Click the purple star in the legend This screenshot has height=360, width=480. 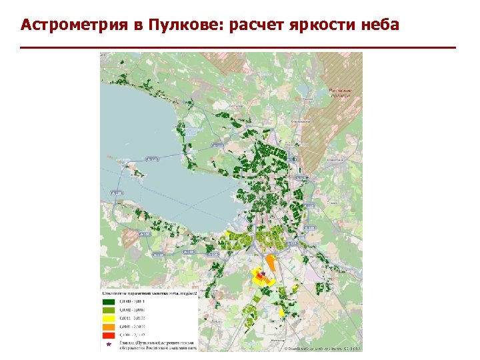point(109,344)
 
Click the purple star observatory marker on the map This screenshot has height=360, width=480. point(263,273)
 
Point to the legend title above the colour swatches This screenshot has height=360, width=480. point(148,292)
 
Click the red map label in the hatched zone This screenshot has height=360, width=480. point(342,93)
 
